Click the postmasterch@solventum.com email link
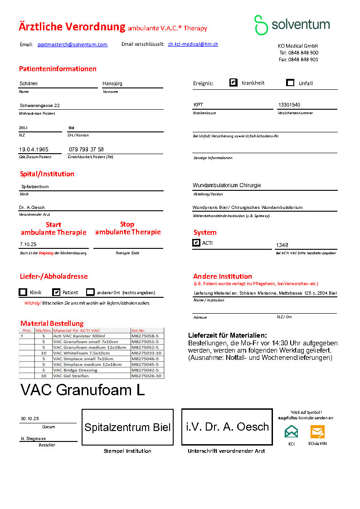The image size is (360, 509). [73, 44]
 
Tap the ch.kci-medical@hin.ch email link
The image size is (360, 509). [193, 44]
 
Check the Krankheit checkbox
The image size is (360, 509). [234, 82]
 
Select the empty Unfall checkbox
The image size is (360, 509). [291, 82]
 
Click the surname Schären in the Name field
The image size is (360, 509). [29, 83]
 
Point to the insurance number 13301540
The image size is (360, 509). [289, 105]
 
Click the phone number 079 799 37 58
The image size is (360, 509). [86, 150]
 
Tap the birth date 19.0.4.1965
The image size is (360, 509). [34, 150]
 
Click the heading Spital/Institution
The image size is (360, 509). [47, 174]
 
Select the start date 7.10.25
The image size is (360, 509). [28, 244]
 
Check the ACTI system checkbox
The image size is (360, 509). [196, 243]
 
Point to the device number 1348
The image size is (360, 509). [282, 245]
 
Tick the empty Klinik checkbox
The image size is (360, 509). [23, 292]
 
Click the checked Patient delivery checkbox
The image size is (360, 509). [56, 292]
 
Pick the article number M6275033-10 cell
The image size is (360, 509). [146, 353]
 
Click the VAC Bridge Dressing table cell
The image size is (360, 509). [75, 370]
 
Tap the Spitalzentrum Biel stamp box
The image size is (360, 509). [127, 427]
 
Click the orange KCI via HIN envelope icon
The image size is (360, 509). [317, 431]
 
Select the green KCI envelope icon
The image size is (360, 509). [292, 431]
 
